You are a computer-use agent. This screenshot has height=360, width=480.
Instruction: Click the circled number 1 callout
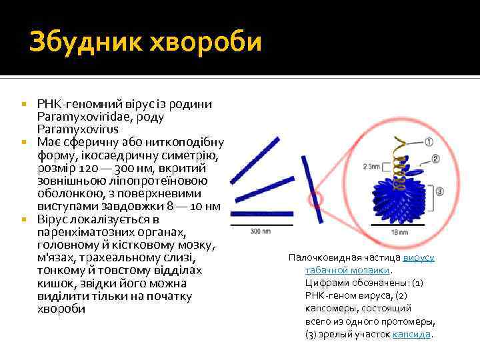pos(428,142)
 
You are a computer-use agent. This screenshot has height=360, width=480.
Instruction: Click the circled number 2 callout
pos(435,159)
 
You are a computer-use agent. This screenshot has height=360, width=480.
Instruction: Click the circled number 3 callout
pos(439,192)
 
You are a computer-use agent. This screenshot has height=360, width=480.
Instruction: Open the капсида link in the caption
pos(412,334)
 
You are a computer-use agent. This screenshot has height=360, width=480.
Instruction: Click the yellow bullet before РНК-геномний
pos(23,105)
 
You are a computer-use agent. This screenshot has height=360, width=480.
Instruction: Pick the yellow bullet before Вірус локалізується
pos(23,219)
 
